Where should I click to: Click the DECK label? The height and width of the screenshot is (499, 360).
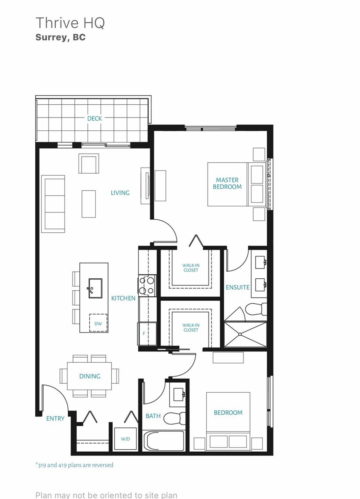point(94,118)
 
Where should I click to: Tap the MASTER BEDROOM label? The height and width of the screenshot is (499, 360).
point(227,183)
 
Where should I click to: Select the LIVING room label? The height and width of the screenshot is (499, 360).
point(120,193)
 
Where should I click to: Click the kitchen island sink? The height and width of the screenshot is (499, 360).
point(95,288)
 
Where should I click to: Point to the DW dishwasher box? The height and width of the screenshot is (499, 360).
point(98,323)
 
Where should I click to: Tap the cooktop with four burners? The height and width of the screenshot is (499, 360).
point(147,286)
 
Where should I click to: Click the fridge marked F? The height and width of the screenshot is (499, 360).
point(147,334)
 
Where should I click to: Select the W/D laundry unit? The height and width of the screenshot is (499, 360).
point(125,439)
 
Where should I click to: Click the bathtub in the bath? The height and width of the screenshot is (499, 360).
point(164,441)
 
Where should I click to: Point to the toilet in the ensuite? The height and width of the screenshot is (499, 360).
point(256,309)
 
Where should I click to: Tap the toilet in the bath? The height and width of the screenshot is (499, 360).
point(175,418)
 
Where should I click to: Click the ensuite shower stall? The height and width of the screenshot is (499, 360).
point(245,334)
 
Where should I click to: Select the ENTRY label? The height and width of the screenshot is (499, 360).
point(55,419)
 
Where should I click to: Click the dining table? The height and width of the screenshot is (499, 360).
point(89,376)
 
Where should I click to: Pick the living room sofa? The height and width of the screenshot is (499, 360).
point(53,204)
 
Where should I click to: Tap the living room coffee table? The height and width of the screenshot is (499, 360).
point(89,204)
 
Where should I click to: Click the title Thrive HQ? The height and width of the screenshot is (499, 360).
point(70,23)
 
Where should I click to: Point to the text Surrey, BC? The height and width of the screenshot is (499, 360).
point(60,37)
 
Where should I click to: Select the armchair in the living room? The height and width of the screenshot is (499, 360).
point(89,163)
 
